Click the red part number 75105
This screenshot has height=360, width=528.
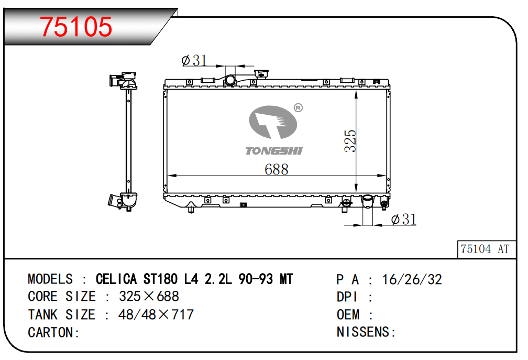coord(76,26)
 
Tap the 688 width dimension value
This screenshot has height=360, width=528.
coord(276,169)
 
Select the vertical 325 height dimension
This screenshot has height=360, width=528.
coord(350,140)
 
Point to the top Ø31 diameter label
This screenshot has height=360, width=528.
coord(194,61)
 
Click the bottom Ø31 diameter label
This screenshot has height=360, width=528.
coord(404,220)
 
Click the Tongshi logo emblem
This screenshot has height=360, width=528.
coord(273,124)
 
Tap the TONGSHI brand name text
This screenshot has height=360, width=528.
coord(274,151)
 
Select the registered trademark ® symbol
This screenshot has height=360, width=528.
coord(298,108)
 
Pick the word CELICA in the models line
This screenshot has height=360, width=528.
coord(116,279)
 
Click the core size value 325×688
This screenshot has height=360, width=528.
coord(149,296)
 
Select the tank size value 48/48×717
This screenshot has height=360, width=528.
coord(156,314)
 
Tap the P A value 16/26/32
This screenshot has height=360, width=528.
coord(412,279)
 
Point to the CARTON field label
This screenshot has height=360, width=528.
coord(53,332)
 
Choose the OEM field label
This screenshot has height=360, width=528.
coord(348,314)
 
